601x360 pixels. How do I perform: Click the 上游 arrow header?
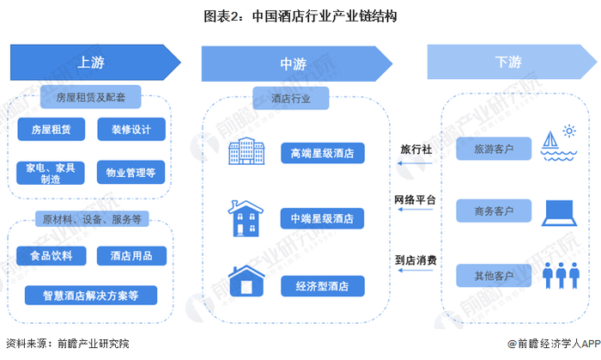pos(95,63)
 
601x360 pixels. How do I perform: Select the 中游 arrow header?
pos(297,64)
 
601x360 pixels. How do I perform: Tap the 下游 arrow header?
pos(512,62)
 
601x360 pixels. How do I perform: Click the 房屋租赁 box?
pos(52,129)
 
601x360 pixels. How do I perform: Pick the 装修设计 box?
pos(131,129)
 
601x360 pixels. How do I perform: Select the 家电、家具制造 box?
pos(51,173)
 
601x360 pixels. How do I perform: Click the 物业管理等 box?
pos(131,173)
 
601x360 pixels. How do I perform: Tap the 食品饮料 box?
pos(52,256)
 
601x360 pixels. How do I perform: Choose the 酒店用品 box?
pos(131,256)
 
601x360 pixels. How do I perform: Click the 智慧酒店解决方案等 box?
pos(91,296)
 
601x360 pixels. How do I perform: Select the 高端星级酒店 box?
pos(323,153)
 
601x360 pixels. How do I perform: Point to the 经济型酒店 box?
pos(323,286)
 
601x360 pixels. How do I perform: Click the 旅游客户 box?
pos(494,149)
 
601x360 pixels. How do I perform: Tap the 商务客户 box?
pos(494,211)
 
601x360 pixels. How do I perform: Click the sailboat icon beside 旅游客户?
pos(559,143)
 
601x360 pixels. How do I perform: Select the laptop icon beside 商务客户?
pos(559,213)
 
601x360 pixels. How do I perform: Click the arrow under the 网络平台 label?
pos(416,210)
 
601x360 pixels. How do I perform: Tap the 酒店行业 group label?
pos(291,99)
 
